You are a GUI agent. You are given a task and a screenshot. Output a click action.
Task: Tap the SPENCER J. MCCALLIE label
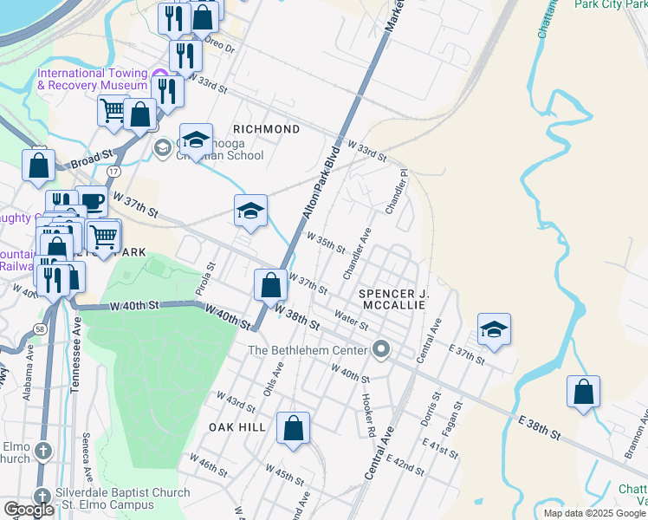[394, 299]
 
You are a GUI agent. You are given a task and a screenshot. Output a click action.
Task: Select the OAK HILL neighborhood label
[236, 427]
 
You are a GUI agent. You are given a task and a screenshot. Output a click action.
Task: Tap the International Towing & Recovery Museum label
[93, 80]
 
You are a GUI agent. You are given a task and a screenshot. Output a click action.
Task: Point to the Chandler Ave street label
[357, 254]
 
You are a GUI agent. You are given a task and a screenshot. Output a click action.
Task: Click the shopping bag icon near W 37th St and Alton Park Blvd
[270, 284]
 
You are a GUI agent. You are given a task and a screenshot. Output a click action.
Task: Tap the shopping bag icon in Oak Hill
[294, 427]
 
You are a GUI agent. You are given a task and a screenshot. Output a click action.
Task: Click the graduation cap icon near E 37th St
[494, 329]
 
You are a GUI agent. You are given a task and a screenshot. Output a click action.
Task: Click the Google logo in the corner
[29, 510]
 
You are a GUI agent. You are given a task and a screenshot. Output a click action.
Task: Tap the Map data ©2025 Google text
[593, 513]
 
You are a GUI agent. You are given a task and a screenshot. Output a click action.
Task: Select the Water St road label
[351, 321]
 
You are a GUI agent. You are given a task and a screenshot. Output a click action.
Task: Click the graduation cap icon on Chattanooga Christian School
[196, 140]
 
